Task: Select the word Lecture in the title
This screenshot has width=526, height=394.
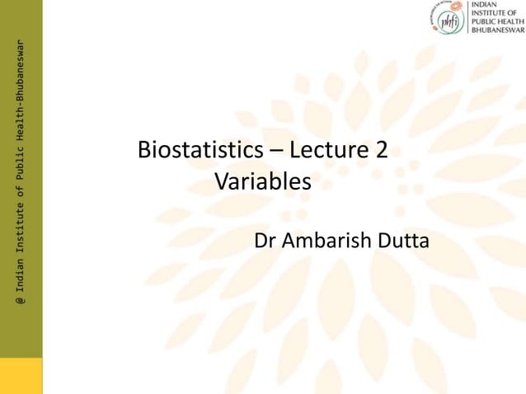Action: point(329,151)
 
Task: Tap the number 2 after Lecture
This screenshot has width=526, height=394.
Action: point(382,151)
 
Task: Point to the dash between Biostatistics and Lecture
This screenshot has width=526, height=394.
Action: point(274,152)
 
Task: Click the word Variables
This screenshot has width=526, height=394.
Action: point(263,181)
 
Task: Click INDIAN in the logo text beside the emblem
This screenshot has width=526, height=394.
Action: point(486,4)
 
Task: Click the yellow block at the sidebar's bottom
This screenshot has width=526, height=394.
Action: point(21,375)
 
